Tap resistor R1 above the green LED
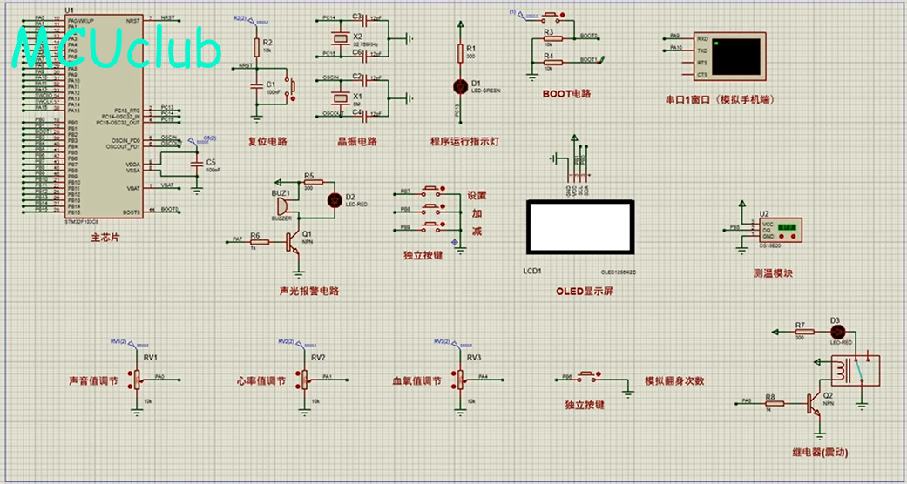click(462, 53)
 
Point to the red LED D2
click(333, 199)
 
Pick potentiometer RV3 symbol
click(457, 379)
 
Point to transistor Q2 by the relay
click(816, 402)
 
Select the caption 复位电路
click(267, 142)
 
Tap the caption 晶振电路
click(357, 142)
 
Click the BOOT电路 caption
click(566, 94)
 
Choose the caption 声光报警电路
click(308, 292)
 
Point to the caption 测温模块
click(774, 273)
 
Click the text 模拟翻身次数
click(674, 381)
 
